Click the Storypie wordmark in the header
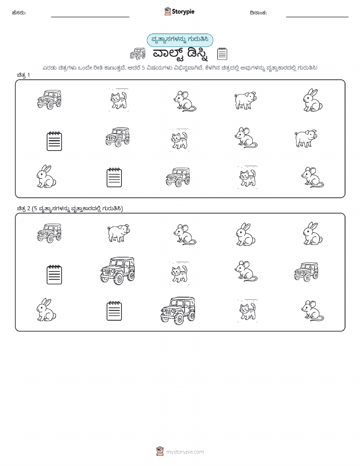coord(183,12)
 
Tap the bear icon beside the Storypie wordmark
coord(168,11)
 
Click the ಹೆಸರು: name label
coord(19,13)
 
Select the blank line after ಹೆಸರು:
coord(90,17)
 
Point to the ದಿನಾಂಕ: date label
coord(258,13)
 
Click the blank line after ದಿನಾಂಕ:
coord(317,17)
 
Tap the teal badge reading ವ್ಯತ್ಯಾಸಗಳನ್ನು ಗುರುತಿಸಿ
coord(180,40)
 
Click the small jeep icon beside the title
coord(138,54)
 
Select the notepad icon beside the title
coord(222,54)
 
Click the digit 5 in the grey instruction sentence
coord(143,68)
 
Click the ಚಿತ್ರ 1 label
coord(23,75)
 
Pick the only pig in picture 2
coord(118,233)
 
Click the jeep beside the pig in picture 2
coord(49,233)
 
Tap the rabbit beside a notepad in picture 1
coord(46,176)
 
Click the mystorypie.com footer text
coord(185,452)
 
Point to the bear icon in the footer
coord(160,451)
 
